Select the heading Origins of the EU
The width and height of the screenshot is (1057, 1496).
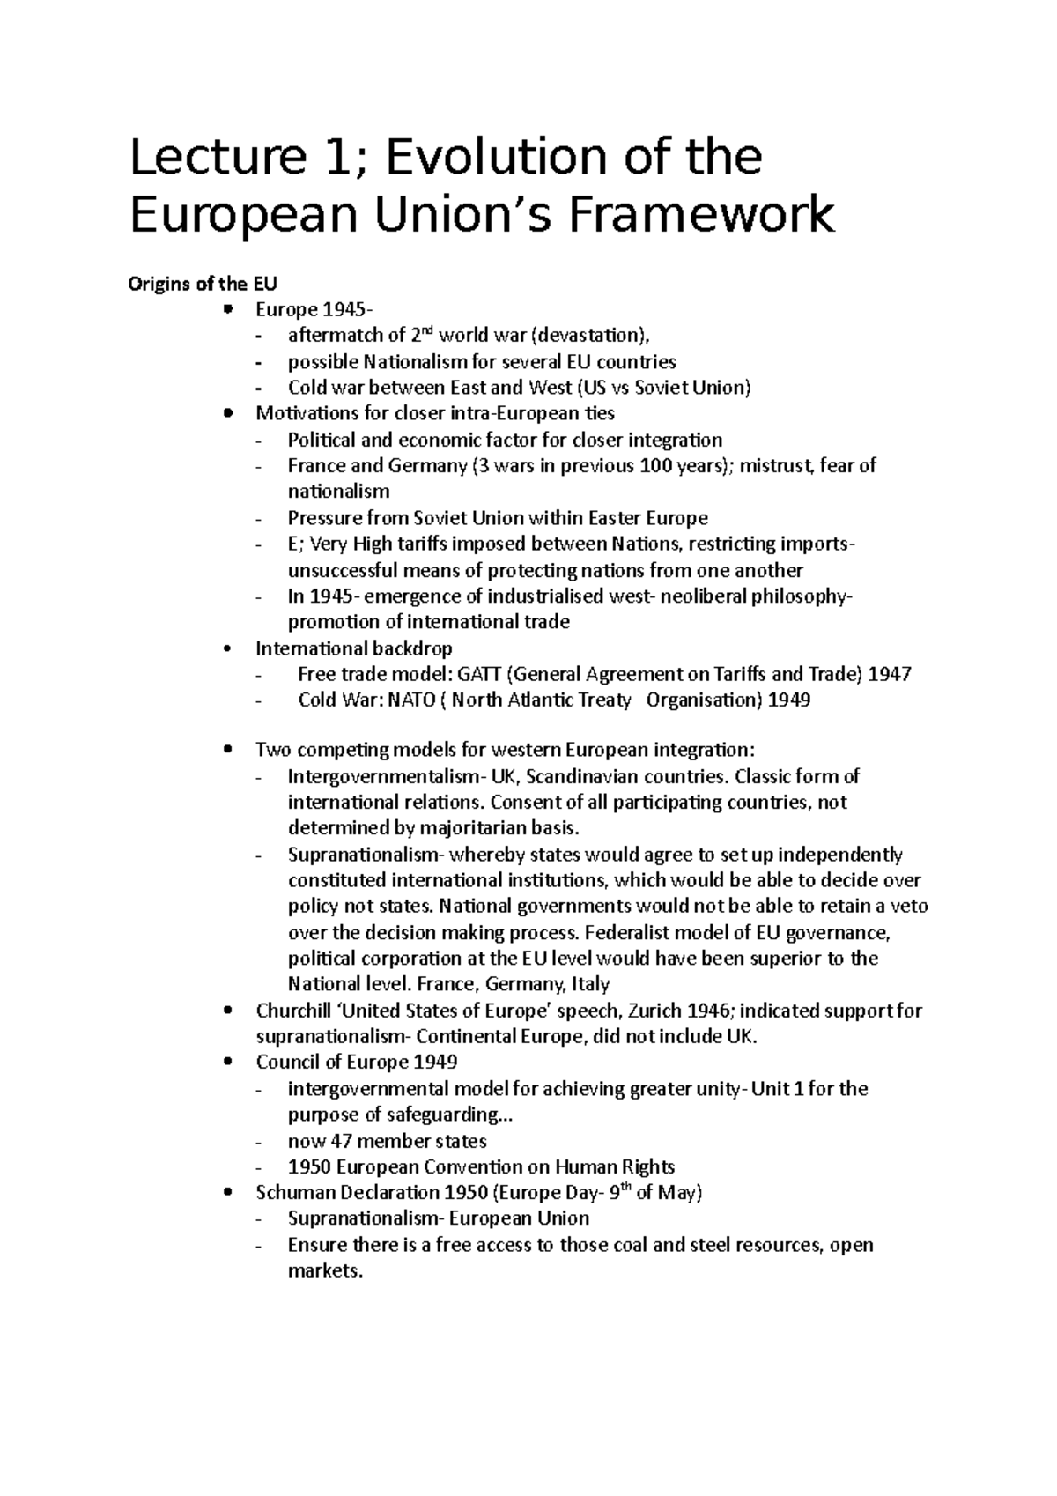[203, 284]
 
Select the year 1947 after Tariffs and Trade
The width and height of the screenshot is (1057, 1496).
[889, 675]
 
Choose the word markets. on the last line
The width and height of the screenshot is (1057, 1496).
[325, 1271]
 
